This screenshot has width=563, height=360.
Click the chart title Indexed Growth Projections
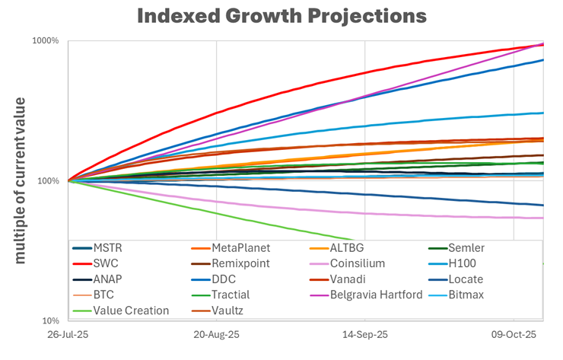[x=281, y=15]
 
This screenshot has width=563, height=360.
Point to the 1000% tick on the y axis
[x=45, y=41]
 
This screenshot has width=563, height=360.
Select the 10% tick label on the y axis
[x=49, y=320]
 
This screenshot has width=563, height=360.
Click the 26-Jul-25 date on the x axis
[x=68, y=335]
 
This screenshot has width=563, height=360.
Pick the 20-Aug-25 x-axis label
[x=216, y=335]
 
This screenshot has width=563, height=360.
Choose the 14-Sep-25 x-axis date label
[x=364, y=335]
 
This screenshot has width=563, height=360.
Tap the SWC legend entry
[x=106, y=264]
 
